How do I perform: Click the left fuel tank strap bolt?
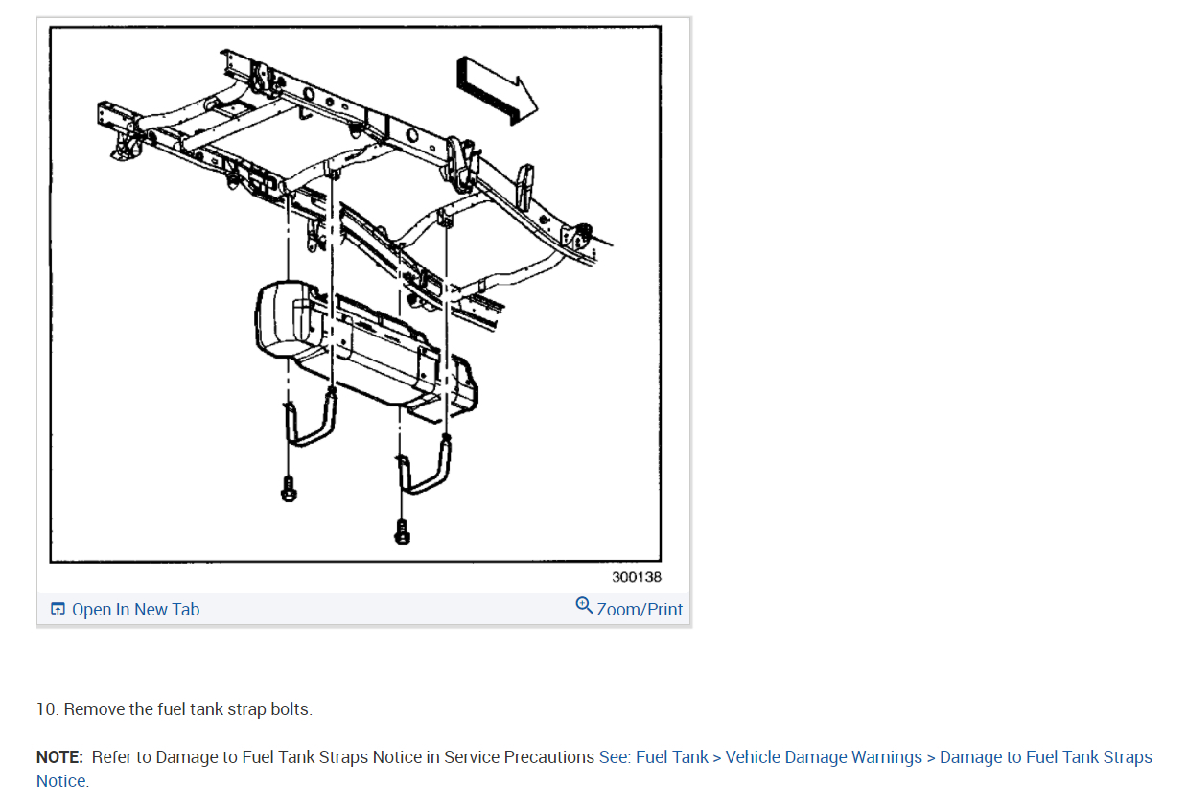[288, 490]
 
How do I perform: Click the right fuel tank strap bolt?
[403, 530]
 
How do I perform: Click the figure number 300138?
[636, 577]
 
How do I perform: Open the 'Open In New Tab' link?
[135, 610]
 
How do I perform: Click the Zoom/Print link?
[640, 610]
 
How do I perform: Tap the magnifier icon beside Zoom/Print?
[584, 605]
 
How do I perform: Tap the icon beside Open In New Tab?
[58, 610]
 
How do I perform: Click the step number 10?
[47, 709]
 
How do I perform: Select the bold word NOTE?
[59, 757]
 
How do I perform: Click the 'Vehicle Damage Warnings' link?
[824, 757]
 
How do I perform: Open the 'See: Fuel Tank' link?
[653, 757]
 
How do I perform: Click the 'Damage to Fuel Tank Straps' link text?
[1045, 757]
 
